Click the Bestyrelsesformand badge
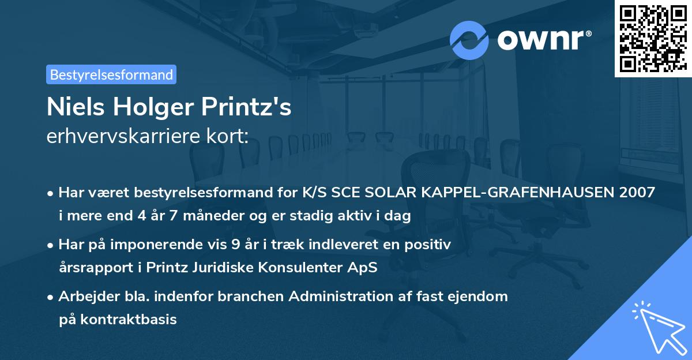click(111, 74)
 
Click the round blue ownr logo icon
click(469, 40)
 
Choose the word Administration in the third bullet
click(346, 297)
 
